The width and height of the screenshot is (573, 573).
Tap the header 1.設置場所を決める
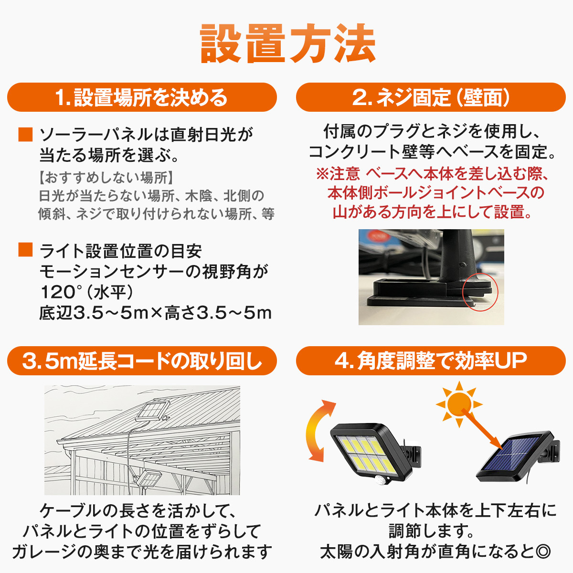(x=142, y=97)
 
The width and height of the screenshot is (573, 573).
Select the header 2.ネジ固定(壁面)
(x=431, y=97)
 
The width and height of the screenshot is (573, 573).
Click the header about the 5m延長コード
(x=142, y=361)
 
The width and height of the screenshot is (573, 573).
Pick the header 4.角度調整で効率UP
(x=431, y=361)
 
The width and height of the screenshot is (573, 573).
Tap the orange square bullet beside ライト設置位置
(x=25, y=249)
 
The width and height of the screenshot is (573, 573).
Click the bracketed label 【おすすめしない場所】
(x=106, y=178)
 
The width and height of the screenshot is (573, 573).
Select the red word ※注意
(x=338, y=174)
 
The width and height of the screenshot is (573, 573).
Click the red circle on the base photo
(x=480, y=292)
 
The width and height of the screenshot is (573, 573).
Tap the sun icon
(x=459, y=404)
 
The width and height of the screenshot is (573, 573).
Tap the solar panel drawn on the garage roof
(x=152, y=411)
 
